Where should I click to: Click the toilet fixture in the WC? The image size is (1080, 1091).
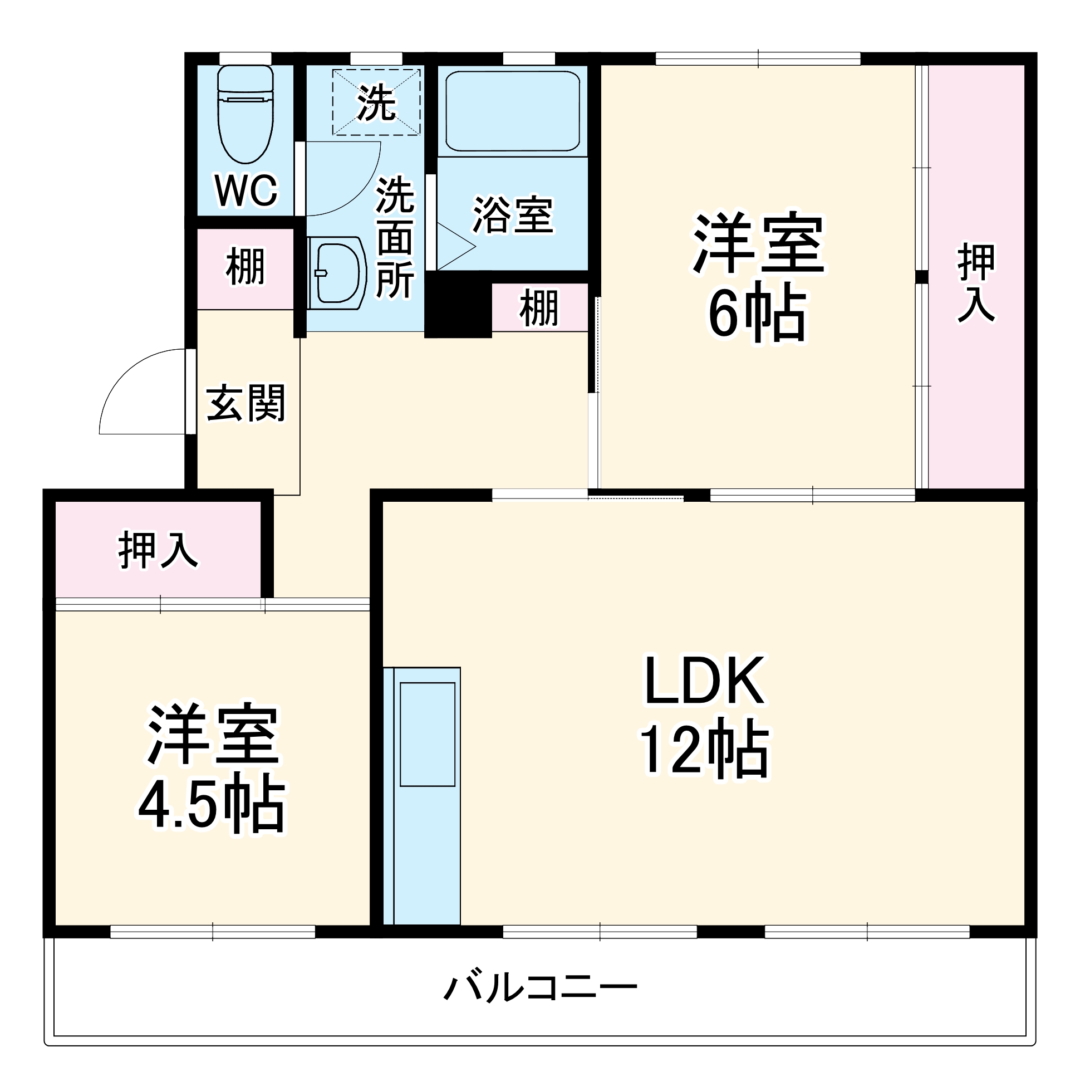coord(245,116)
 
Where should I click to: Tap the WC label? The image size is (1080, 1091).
coord(247,190)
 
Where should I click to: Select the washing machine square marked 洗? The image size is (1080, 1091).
coord(376,102)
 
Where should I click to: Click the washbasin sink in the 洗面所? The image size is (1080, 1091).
coord(337,273)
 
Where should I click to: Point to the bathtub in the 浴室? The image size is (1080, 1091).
coord(512,111)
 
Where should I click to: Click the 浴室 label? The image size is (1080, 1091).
coord(512,215)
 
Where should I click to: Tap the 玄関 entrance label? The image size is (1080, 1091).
coord(246,403)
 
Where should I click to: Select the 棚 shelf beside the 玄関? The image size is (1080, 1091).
coord(245,268)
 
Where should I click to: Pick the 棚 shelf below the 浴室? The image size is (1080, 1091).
coord(539,308)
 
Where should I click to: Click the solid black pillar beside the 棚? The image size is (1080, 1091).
coord(457,306)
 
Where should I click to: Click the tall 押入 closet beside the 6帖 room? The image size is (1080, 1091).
coord(976,277)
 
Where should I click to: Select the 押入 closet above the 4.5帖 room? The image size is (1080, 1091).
coord(158,549)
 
